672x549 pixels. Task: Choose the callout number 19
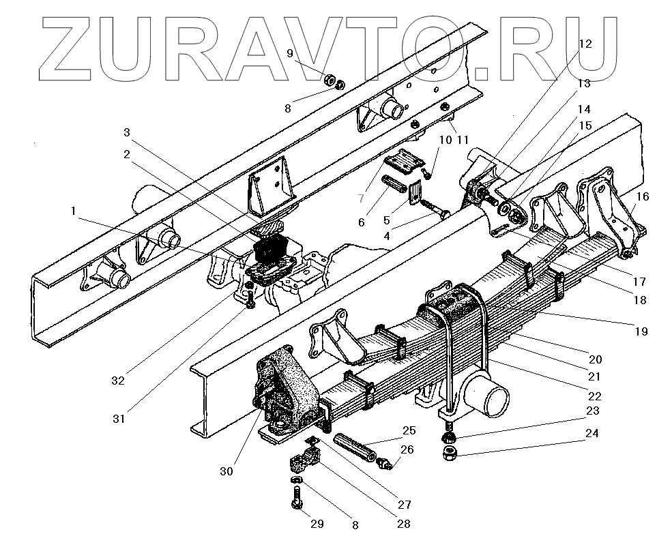point(640,331)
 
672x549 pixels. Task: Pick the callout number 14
point(584,108)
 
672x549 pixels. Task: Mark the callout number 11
point(463,140)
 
